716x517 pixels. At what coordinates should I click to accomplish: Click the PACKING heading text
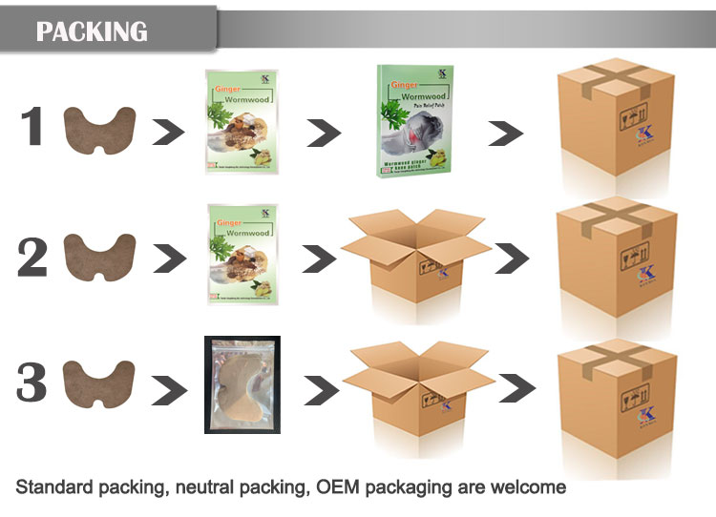[92, 31]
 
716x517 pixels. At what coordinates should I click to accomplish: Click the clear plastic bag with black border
[242, 384]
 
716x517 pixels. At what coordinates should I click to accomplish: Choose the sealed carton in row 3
[616, 384]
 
